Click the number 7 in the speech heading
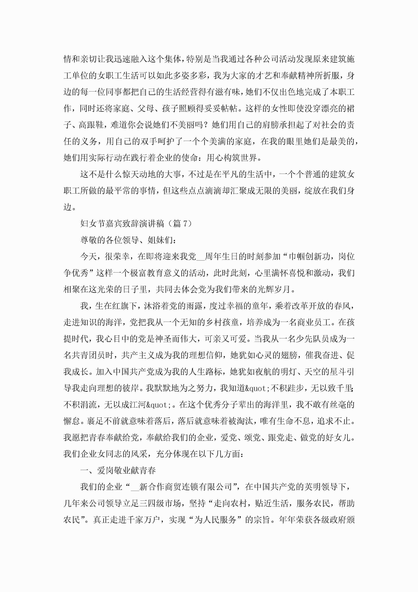[x=184, y=224]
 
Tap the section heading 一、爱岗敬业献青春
[x=118, y=470]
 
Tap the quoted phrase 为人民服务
[x=215, y=520]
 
